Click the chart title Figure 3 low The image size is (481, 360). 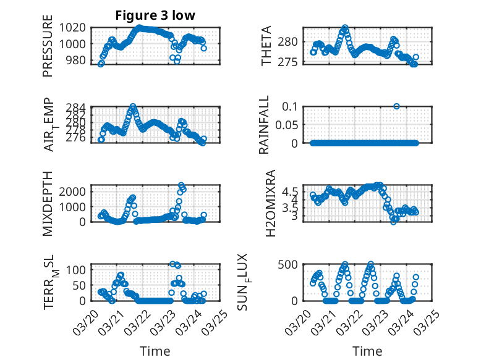tap(155, 16)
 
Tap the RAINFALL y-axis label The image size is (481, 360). tap(264, 125)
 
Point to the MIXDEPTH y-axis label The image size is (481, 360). tap(48, 203)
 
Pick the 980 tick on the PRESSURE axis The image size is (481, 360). tap(78, 61)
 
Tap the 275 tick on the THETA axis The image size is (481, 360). tap(291, 62)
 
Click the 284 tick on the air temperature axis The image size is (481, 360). tap(78, 107)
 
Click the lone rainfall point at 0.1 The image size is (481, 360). tap(396, 106)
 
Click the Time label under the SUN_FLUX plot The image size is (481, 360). tap(367, 351)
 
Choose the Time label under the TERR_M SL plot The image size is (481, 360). tap(155, 351)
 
